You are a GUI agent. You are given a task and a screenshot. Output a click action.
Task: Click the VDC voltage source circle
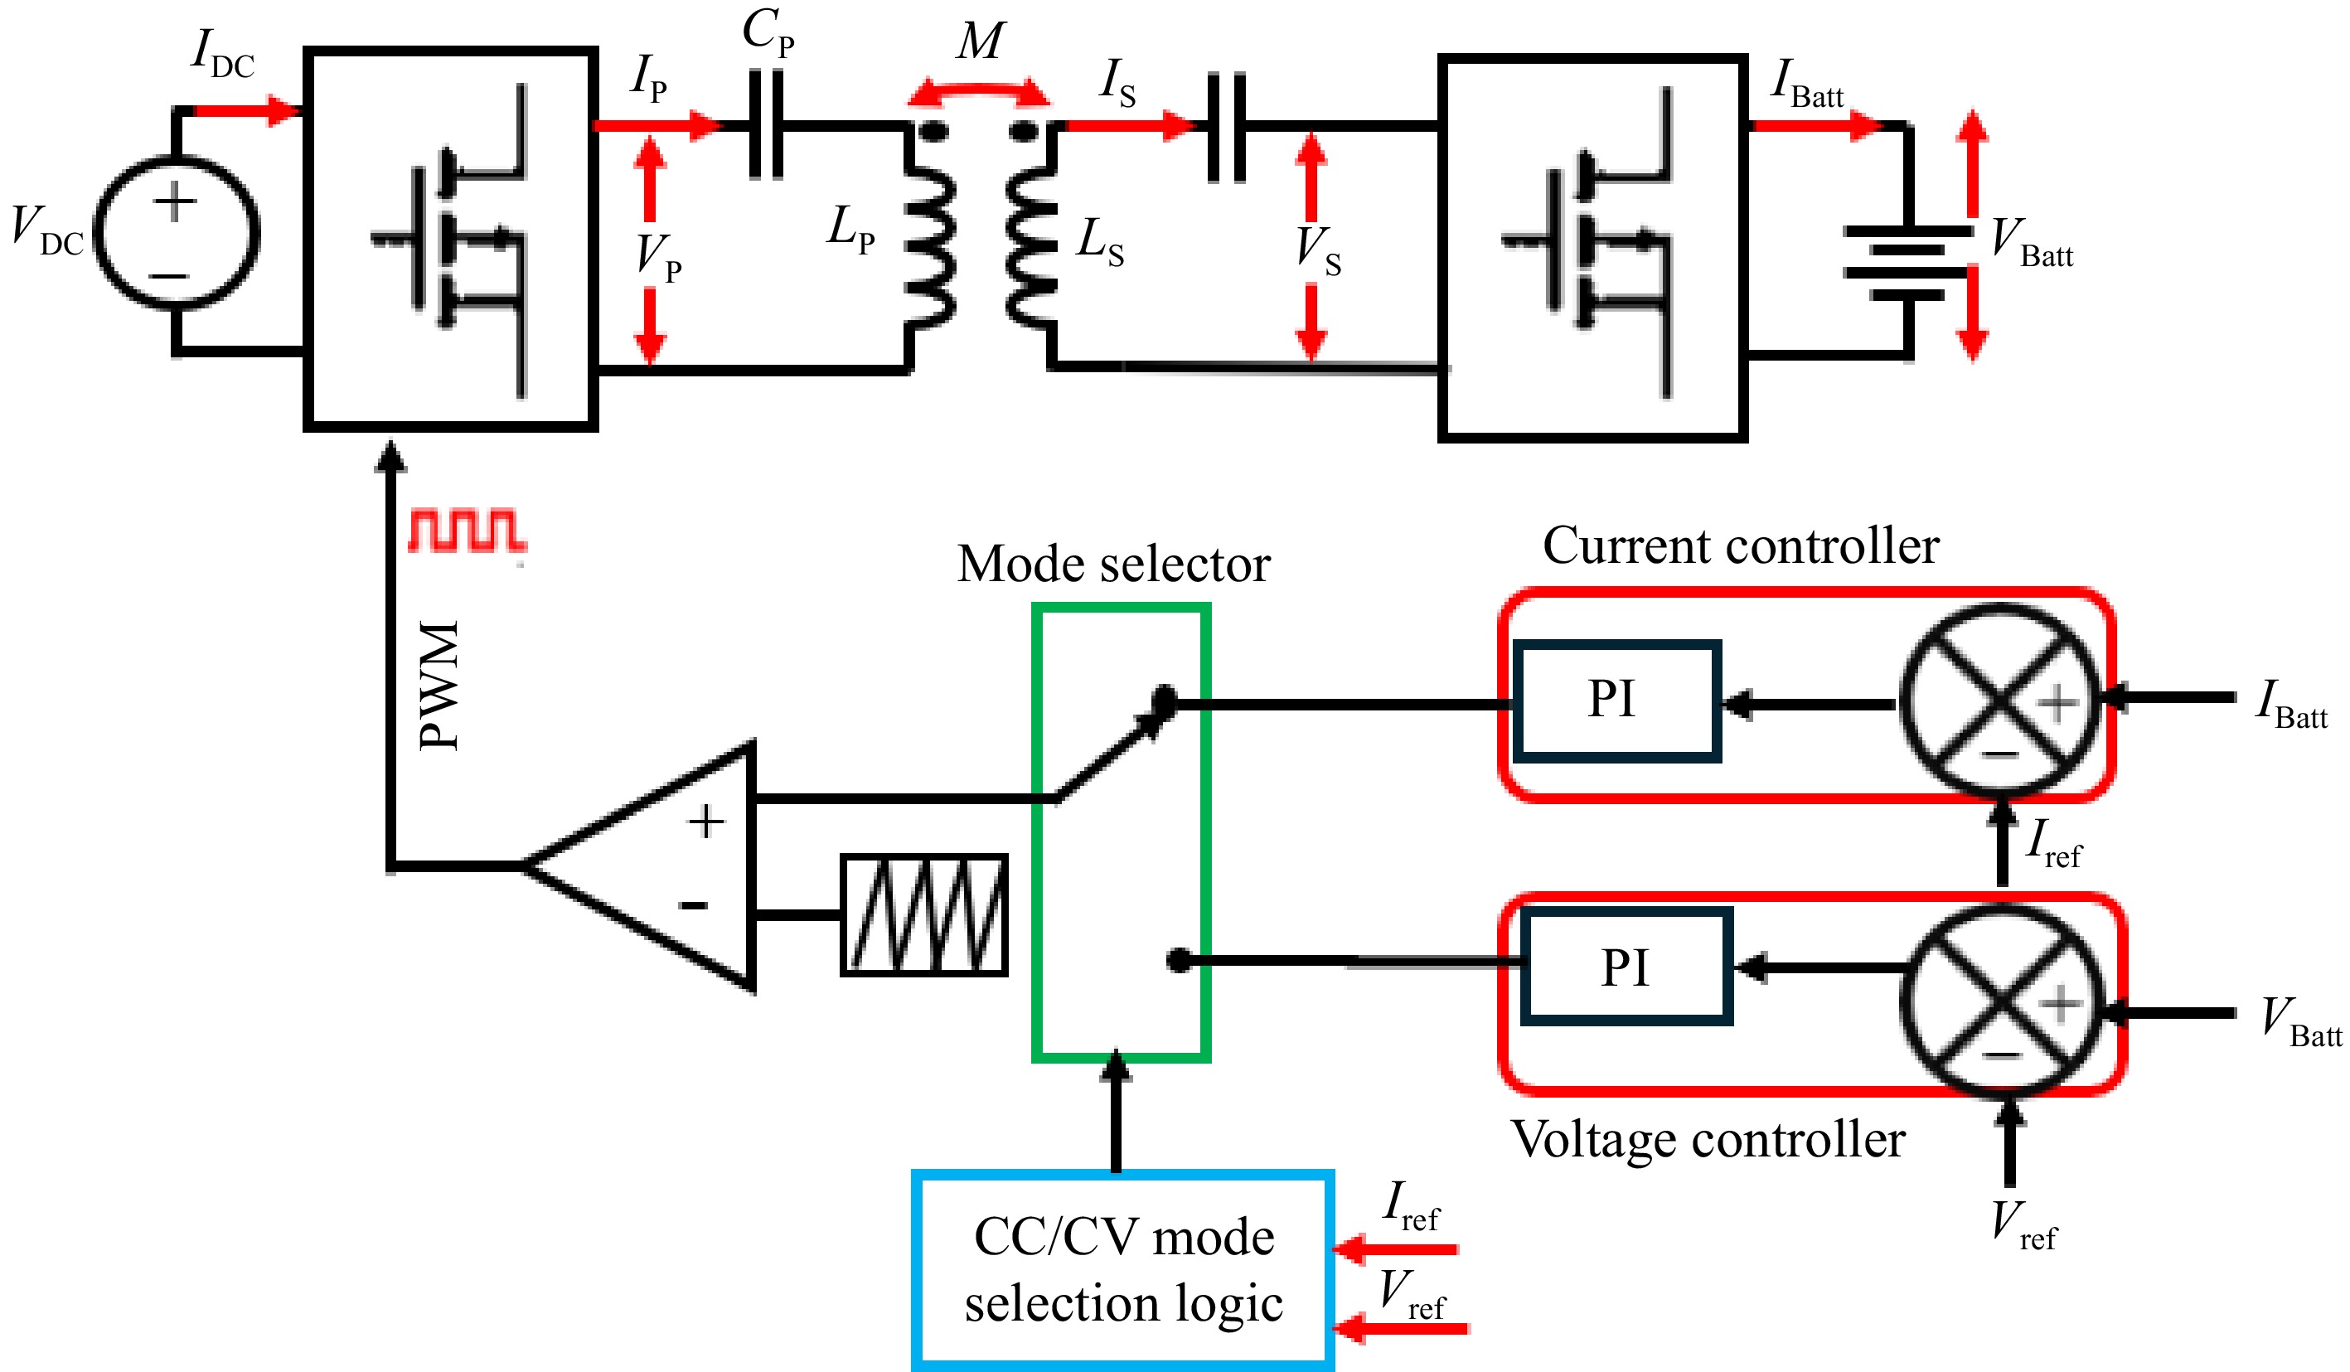click(x=177, y=233)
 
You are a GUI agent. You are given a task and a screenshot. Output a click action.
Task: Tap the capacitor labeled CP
click(x=766, y=125)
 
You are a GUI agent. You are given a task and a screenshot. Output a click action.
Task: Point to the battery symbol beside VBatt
click(x=1908, y=262)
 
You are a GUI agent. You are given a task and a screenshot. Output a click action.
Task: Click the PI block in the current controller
click(x=1616, y=701)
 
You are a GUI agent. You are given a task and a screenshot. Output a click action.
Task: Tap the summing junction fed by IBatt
click(x=2001, y=702)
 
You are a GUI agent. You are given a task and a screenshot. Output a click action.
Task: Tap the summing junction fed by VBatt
click(x=2003, y=1001)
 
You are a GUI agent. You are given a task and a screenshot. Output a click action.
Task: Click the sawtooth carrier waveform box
click(x=924, y=915)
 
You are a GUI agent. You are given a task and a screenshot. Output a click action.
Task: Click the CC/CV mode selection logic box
click(x=1122, y=1269)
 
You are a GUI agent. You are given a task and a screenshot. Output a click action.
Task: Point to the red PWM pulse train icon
click(x=466, y=531)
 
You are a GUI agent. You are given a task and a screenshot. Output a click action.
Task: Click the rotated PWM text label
click(x=439, y=685)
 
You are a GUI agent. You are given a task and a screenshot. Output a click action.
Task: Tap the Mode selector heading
click(x=1113, y=565)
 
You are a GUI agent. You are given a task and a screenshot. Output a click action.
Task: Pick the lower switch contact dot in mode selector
click(x=1179, y=960)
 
